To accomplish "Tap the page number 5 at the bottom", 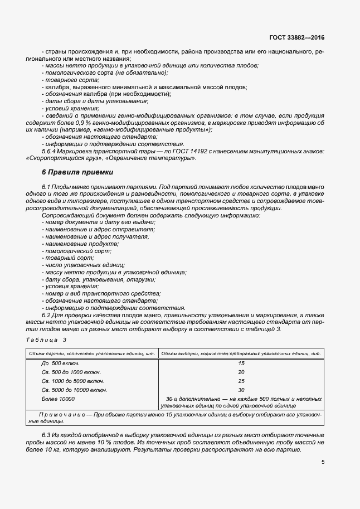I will point(323,462).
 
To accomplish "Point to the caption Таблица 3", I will point(46,340).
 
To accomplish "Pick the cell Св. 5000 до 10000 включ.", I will point(74,390).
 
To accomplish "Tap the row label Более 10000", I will point(58,399).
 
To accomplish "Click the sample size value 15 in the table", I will point(241,363).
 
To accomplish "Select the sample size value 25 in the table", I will point(241,381).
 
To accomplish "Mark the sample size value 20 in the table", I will point(241,372).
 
